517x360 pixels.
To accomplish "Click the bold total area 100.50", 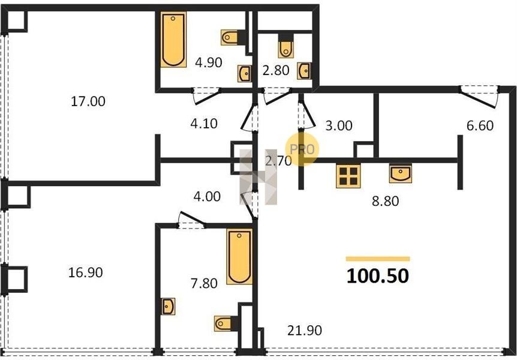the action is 378,276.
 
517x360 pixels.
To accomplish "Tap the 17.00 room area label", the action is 88,101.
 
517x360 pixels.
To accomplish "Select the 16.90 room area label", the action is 85,272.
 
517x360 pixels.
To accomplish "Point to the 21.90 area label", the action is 305,331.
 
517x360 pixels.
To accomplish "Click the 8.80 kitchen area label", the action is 386,201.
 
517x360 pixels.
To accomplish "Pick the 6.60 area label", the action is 480,126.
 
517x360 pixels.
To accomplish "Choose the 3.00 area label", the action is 339,126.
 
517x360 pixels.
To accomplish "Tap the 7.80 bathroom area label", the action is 204,283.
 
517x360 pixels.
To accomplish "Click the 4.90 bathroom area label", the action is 208,62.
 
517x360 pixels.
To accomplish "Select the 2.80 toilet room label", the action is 276,70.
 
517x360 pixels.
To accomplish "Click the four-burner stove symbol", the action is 348,176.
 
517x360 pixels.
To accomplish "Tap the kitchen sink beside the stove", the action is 400,173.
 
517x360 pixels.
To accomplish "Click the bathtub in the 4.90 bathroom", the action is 173,40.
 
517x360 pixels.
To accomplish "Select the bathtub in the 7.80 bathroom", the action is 239,256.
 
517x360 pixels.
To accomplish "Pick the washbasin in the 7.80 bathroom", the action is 169,306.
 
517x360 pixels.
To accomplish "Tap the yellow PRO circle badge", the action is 302,149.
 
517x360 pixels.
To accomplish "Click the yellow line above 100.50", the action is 378,259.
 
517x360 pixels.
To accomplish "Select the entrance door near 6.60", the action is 479,97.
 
